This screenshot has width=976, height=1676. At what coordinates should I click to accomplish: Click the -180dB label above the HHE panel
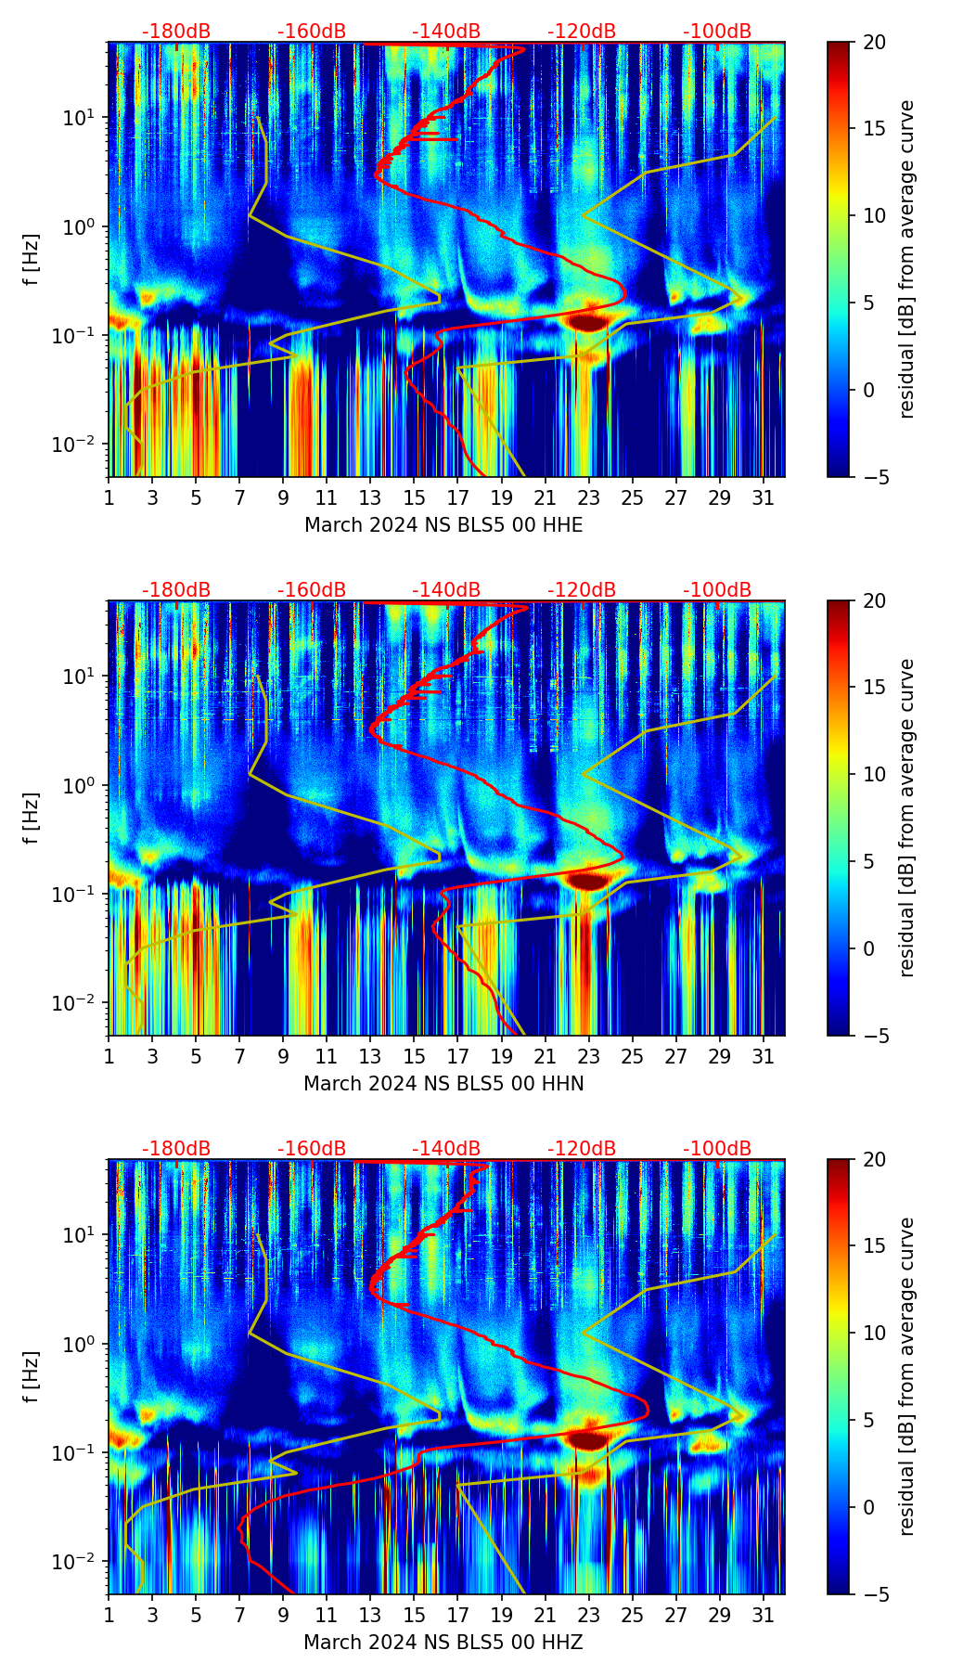176,32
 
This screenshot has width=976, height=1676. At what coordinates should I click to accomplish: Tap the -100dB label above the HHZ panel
717,1149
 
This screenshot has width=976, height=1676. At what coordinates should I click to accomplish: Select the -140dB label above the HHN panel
446,590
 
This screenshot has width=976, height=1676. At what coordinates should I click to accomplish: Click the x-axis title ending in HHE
443,525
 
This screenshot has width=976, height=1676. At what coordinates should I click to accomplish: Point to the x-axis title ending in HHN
443,1084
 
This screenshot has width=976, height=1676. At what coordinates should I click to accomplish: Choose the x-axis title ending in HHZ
443,1643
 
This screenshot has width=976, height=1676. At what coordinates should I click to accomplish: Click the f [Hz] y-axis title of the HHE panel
32,260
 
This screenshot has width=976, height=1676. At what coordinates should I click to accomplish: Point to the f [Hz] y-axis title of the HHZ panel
32,1377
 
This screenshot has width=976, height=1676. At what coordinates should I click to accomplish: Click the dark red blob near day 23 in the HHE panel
588,322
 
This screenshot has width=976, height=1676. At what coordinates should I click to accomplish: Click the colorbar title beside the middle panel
906,818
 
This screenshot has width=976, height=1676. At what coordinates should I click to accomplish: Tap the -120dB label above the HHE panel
582,32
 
